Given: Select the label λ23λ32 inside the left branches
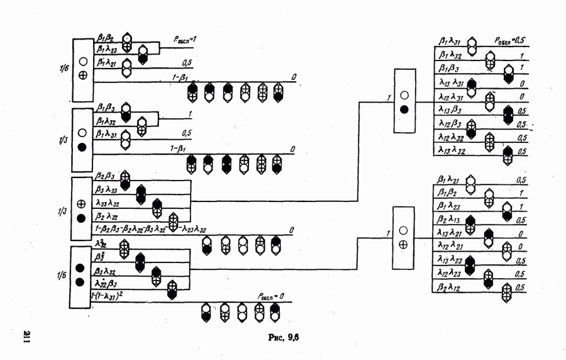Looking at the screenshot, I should (108, 204).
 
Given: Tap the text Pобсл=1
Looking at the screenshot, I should (190, 39).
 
